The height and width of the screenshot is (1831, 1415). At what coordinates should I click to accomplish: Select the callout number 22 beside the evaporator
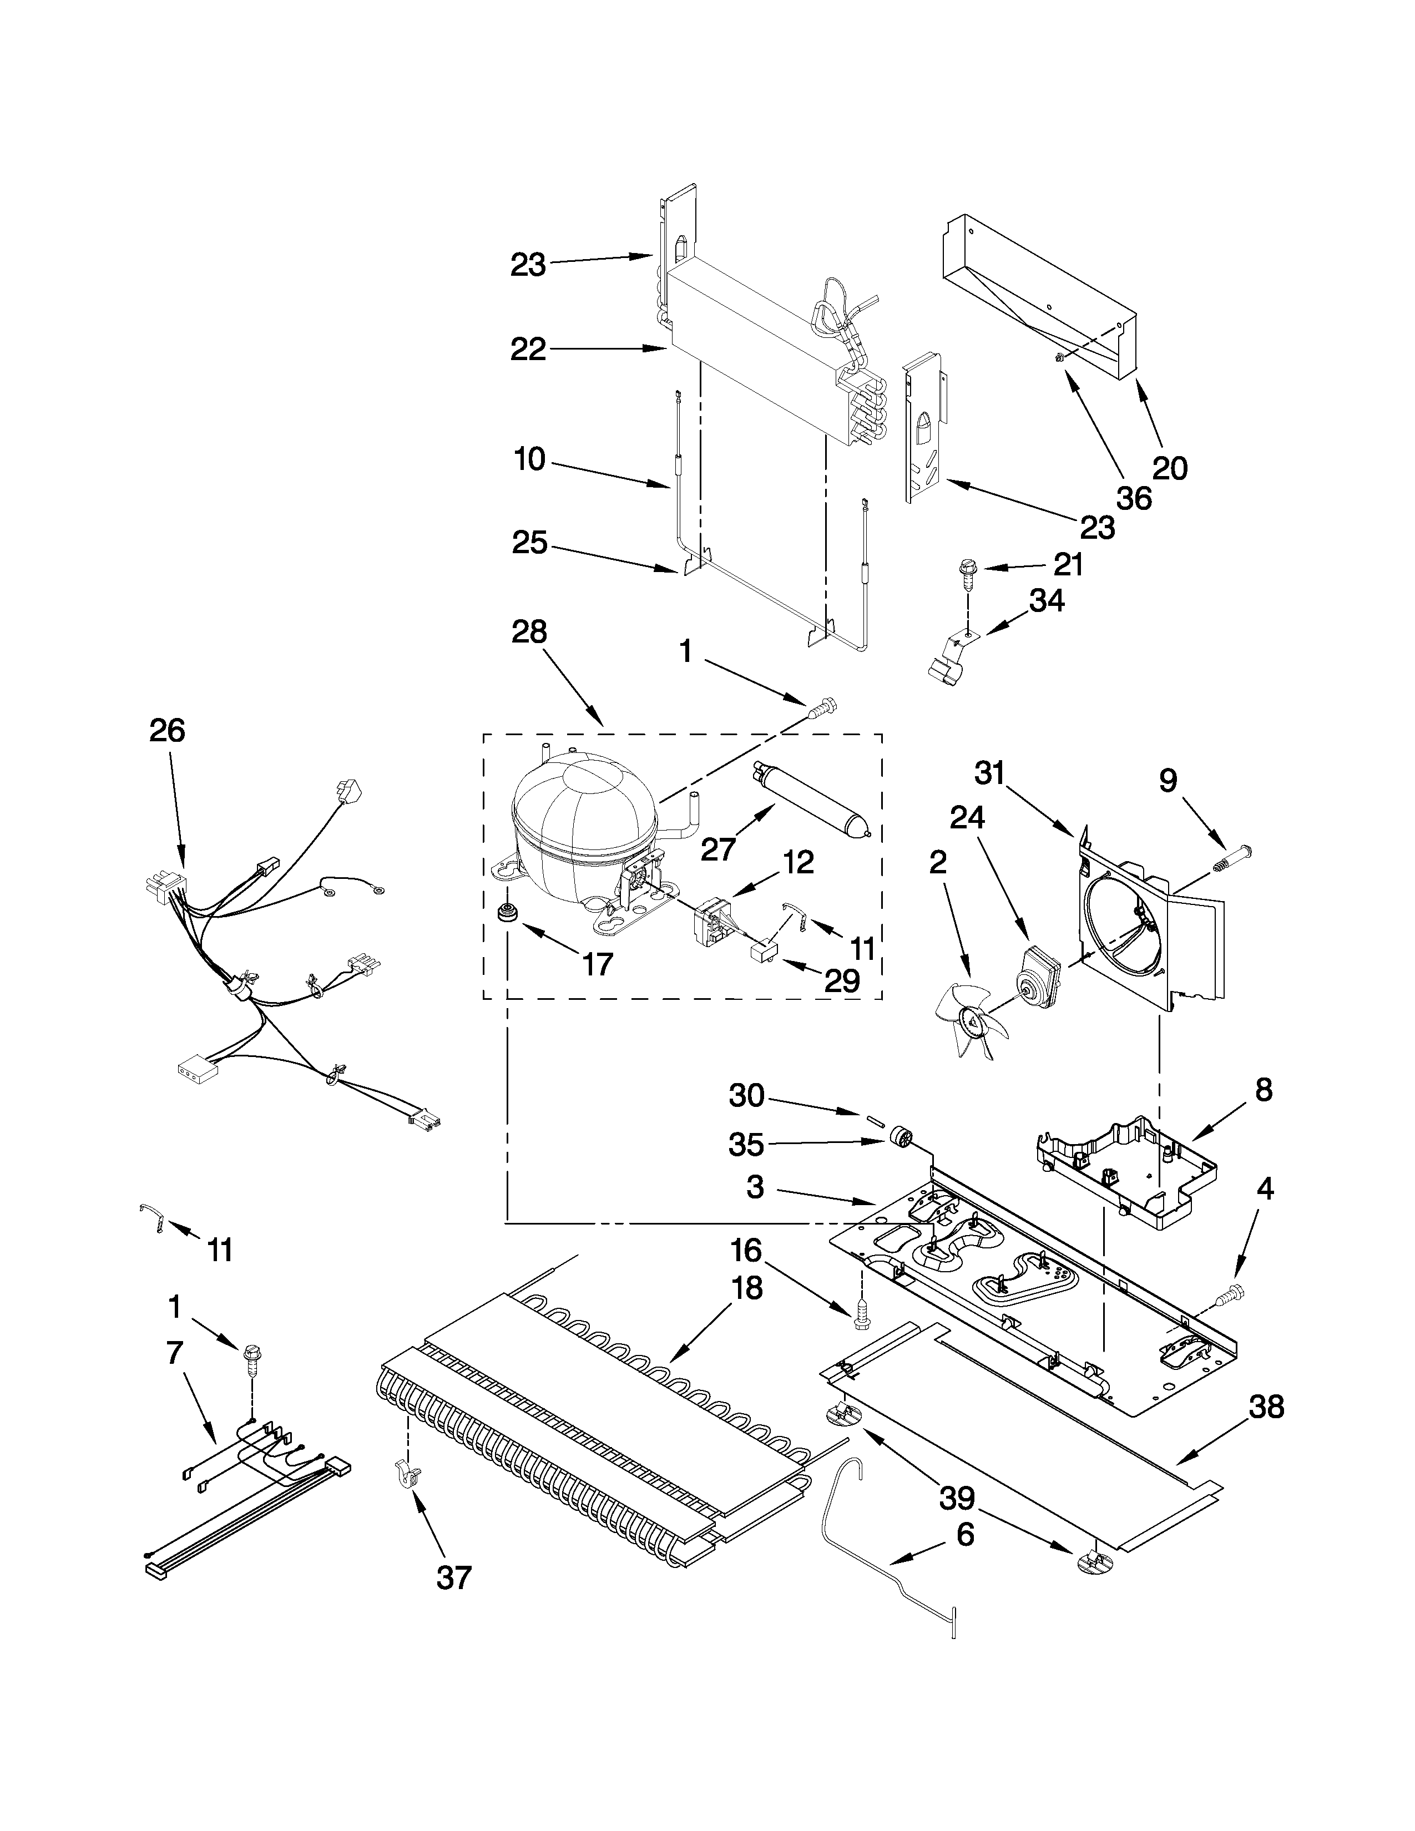point(528,349)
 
